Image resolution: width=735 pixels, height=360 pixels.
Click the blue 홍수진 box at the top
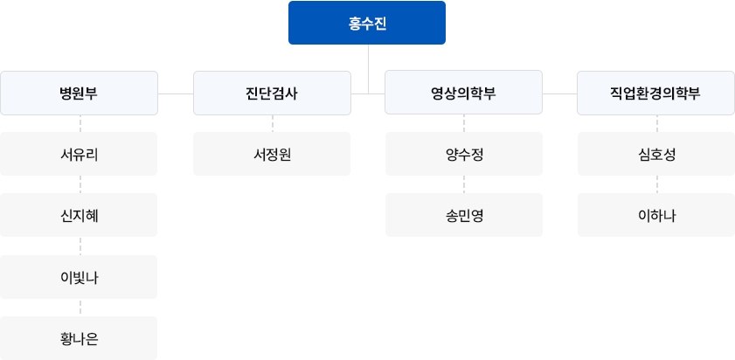tap(367, 23)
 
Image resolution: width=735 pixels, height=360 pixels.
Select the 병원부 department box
tap(79, 93)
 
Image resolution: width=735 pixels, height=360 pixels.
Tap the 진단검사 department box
tap(272, 93)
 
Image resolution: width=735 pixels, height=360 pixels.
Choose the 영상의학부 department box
tap(463, 93)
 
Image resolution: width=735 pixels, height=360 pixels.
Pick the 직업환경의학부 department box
tap(655, 93)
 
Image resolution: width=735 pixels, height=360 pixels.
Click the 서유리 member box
tap(79, 154)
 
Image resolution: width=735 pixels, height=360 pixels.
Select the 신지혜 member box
tap(79, 215)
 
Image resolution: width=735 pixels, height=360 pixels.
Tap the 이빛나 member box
tap(79, 277)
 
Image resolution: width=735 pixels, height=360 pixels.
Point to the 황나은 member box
tap(79, 338)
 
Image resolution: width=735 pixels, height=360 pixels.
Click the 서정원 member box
tap(272, 154)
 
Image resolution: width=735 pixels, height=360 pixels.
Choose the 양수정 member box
tap(464, 154)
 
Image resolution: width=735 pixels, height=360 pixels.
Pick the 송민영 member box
tap(464, 215)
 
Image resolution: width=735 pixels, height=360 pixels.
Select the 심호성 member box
tap(656, 154)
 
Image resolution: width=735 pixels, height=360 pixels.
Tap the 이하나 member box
tap(656, 215)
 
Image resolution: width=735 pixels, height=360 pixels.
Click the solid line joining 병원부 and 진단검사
tap(176, 93)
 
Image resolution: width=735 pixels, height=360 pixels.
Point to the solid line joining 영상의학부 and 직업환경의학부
tap(560, 93)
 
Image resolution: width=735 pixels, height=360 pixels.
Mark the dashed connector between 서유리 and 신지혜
tap(80, 184)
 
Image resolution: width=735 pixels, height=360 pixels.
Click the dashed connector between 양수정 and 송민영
tap(464, 184)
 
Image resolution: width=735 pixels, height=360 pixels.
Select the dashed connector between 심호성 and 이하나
tap(656, 184)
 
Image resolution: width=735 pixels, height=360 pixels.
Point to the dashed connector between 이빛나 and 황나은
tap(80, 308)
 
